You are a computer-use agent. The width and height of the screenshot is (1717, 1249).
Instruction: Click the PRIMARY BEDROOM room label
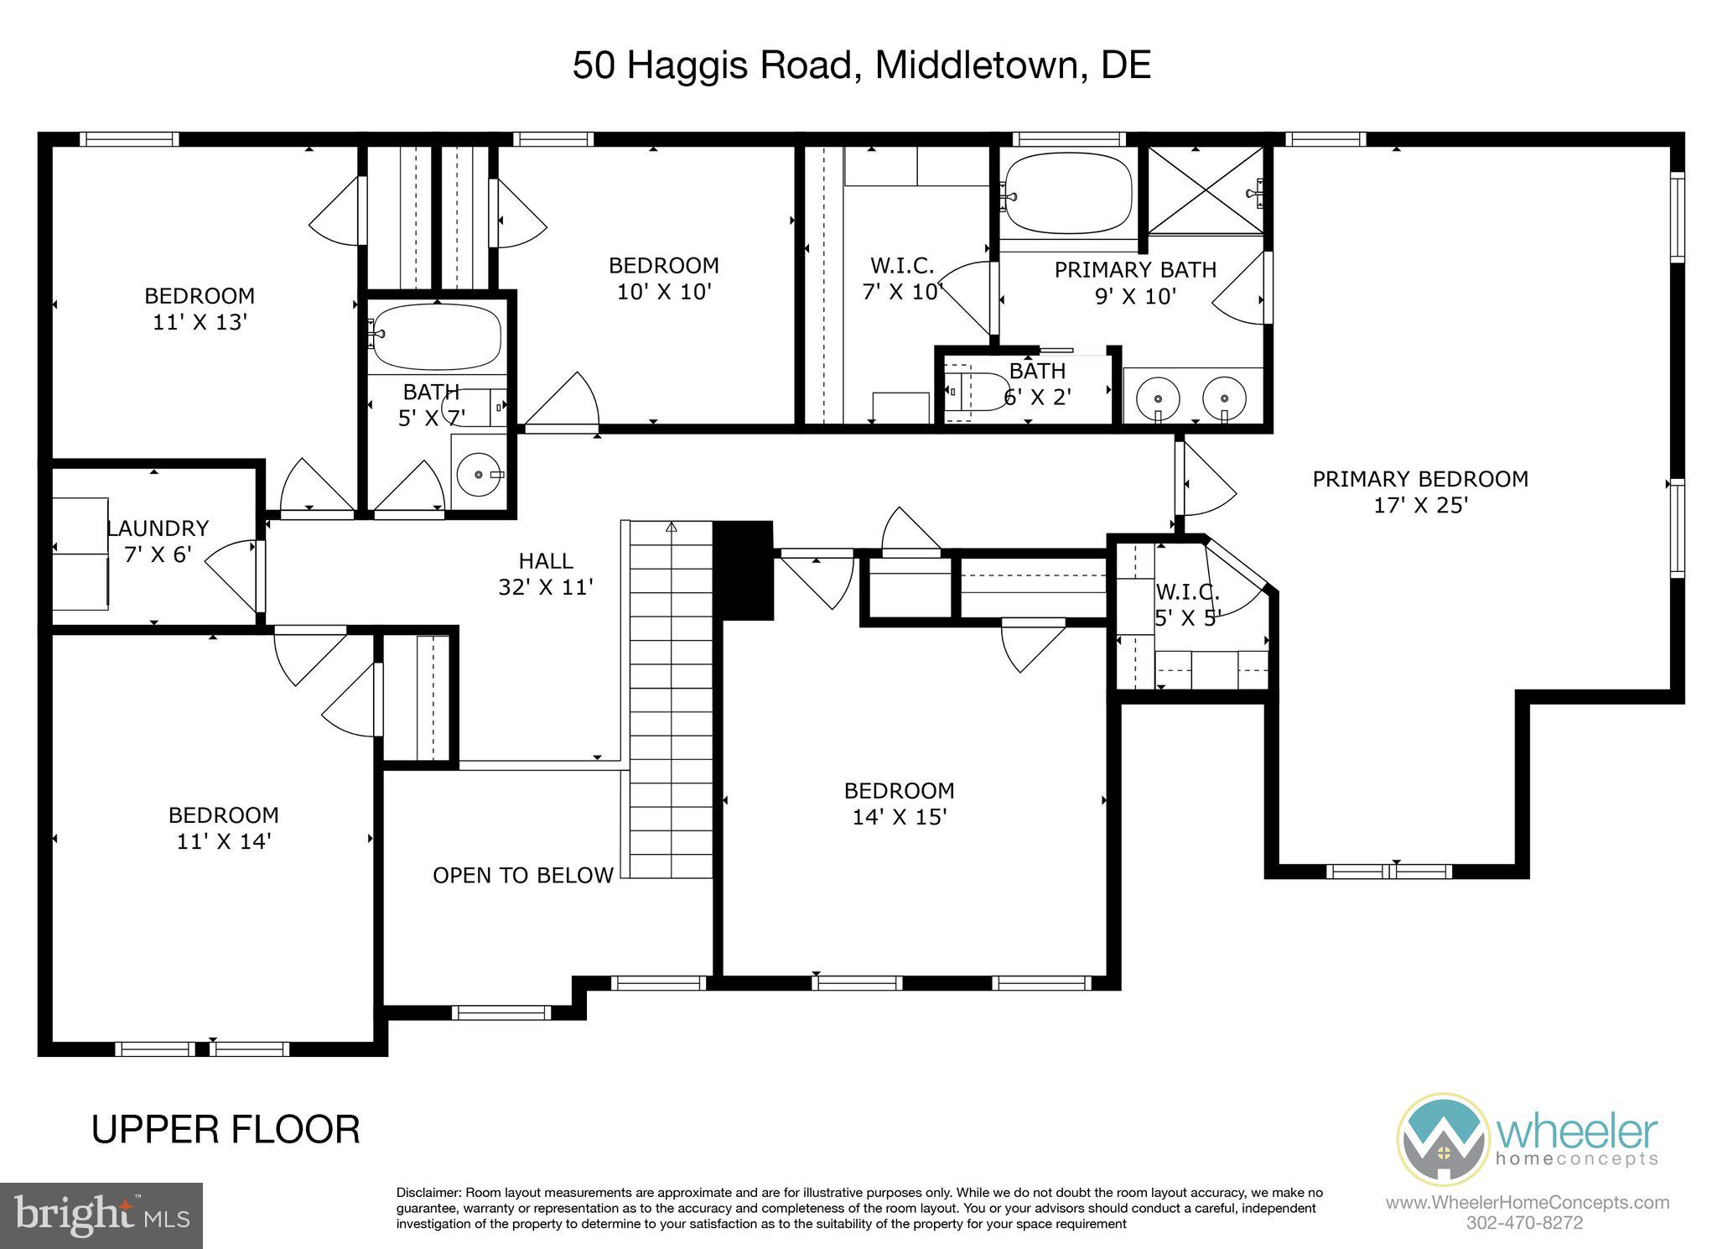[x=1419, y=479]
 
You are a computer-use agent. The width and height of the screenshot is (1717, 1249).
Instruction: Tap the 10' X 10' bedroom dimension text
[x=663, y=292]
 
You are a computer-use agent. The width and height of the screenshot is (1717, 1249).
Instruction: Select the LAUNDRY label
[x=158, y=528]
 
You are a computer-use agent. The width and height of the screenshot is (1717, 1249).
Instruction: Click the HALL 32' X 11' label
[x=546, y=574]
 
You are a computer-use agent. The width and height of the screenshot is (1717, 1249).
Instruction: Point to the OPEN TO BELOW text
[x=522, y=876]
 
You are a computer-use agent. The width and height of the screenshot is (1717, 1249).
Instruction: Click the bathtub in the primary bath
[x=1068, y=195]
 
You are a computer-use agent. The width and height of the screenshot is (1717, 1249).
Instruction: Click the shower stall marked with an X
[x=1205, y=191]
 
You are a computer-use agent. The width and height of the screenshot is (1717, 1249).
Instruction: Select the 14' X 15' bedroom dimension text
[x=899, y=817]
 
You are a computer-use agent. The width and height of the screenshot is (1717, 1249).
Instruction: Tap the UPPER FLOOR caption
[x=226, y=1129]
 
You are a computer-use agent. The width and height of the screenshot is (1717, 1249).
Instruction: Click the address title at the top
[x=861, y=65]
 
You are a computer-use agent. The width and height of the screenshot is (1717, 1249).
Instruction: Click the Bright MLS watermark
[x=101, y=1215]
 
